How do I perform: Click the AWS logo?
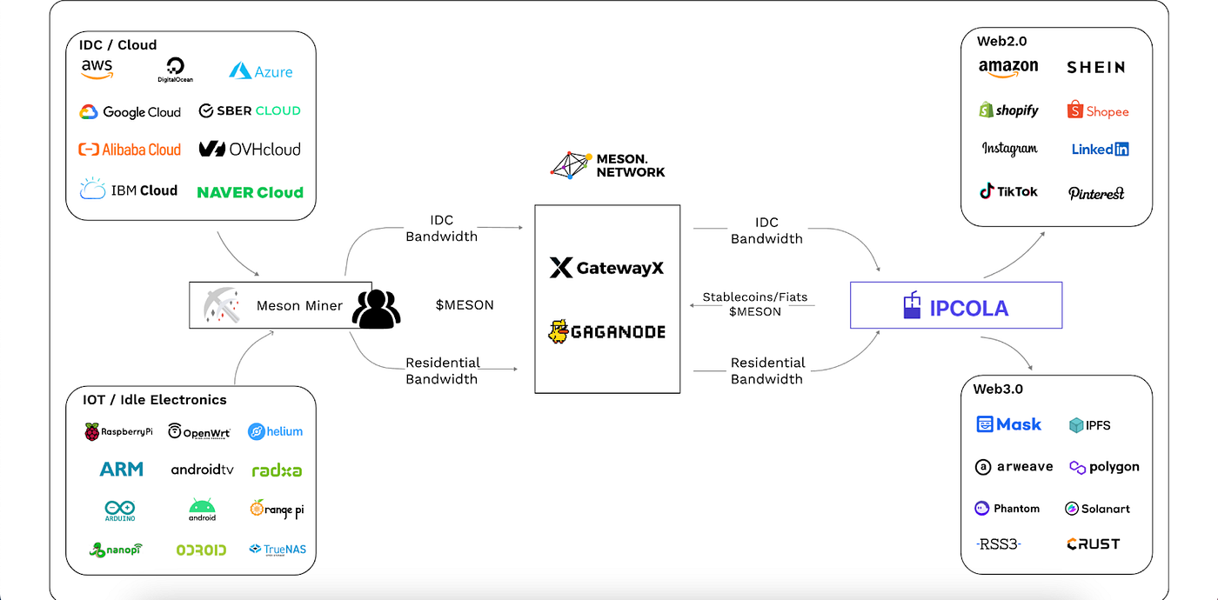pyautogui.click(x=97, y=70)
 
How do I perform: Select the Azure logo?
pyautogui.click(x=260, y=71)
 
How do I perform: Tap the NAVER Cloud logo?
pyautogui.click(x=250, y=192)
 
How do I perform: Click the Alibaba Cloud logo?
pyautogui.click(x=130, y=150)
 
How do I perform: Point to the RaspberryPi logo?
pyautogui.click(x=118, y=431)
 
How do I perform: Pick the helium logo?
pyautogui.click(x=275, y=431)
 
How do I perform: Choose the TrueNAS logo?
pyautogui.click(x=278, y=550)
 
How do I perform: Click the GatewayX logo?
pyautogui.click(x=606, y=268)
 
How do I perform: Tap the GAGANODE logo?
pyautogui.click(x=606, y=331)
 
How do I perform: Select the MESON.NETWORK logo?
pyautogui.click(x=607, y=165)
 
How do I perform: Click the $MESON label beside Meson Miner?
pyautogui.click(x=465, y=305)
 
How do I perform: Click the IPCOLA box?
pyautogui.click(x=955, y=305)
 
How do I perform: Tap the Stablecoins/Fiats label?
pyautogui.click(x=755, y=297)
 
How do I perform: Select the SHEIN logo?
pyautogui.click(x=1095, y=67)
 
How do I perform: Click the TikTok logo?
pyautogui.click(x=1008, y=191)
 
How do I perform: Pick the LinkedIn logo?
pyautogui.click(x=1100, y=150)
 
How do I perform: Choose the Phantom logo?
pyautogui.click(x=1007, y=509)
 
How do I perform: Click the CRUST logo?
pyautogui.click(x=1094, y=544)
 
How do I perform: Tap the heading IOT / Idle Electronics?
pyautogui.click(x=155, y=400)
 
